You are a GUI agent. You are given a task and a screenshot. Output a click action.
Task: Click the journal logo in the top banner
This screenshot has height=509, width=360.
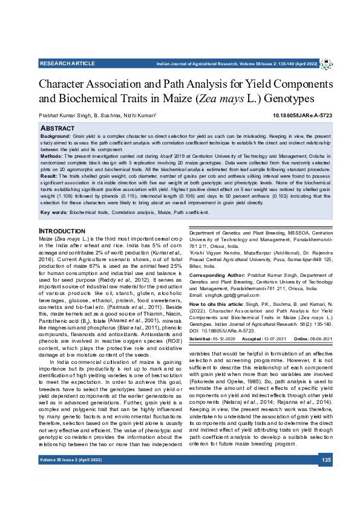pyautogui.click(x=326, y=63)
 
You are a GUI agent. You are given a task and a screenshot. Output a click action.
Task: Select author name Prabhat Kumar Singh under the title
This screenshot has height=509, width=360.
pyautogui.click(x=64, y=115)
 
